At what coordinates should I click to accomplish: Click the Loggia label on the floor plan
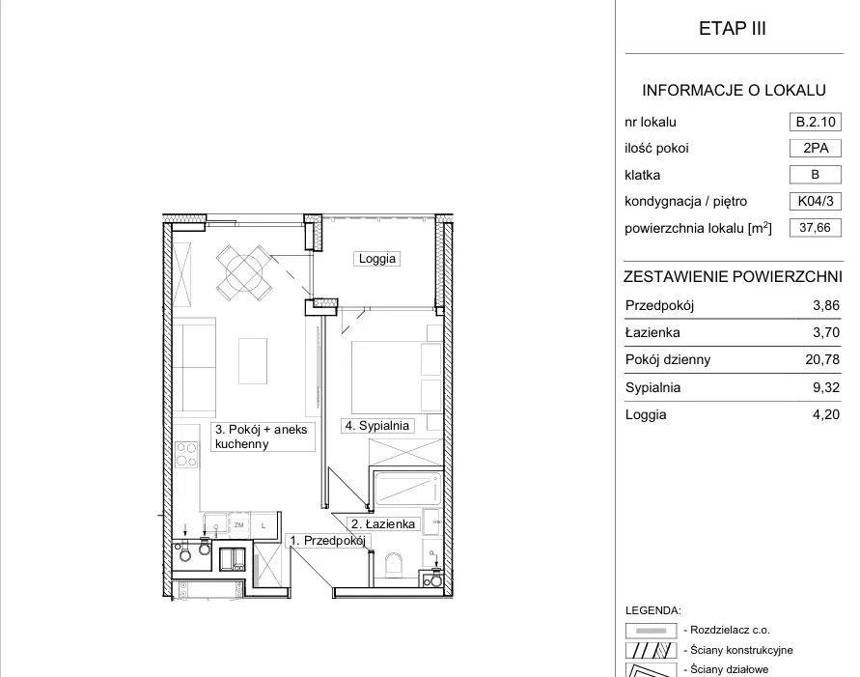point(376,259)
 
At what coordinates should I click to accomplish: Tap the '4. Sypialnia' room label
point(377,426)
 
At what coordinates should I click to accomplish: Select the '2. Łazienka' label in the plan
point(383,524)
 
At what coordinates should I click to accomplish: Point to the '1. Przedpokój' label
point(328,541)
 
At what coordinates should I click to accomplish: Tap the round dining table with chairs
point(243,272)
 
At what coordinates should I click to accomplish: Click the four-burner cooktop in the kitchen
point(186,455)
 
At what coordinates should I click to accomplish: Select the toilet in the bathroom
point(394,565)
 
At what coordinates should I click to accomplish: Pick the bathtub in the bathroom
point(408,489)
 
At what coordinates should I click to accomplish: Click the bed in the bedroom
point(397,377)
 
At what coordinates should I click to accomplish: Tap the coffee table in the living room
point(253,361)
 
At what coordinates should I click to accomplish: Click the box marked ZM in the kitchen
point(238,525)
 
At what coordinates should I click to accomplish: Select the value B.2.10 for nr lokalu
point(815,122)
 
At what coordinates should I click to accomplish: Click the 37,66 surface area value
point(815,228)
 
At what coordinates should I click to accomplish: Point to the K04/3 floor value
point(815,201)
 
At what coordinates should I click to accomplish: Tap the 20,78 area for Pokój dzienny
point(822,359)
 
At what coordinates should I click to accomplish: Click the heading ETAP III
point(733,29)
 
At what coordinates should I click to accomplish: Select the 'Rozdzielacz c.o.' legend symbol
point(652,631)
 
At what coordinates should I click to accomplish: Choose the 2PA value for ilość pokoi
point(815,148)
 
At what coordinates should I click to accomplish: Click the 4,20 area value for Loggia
point(826,414)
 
